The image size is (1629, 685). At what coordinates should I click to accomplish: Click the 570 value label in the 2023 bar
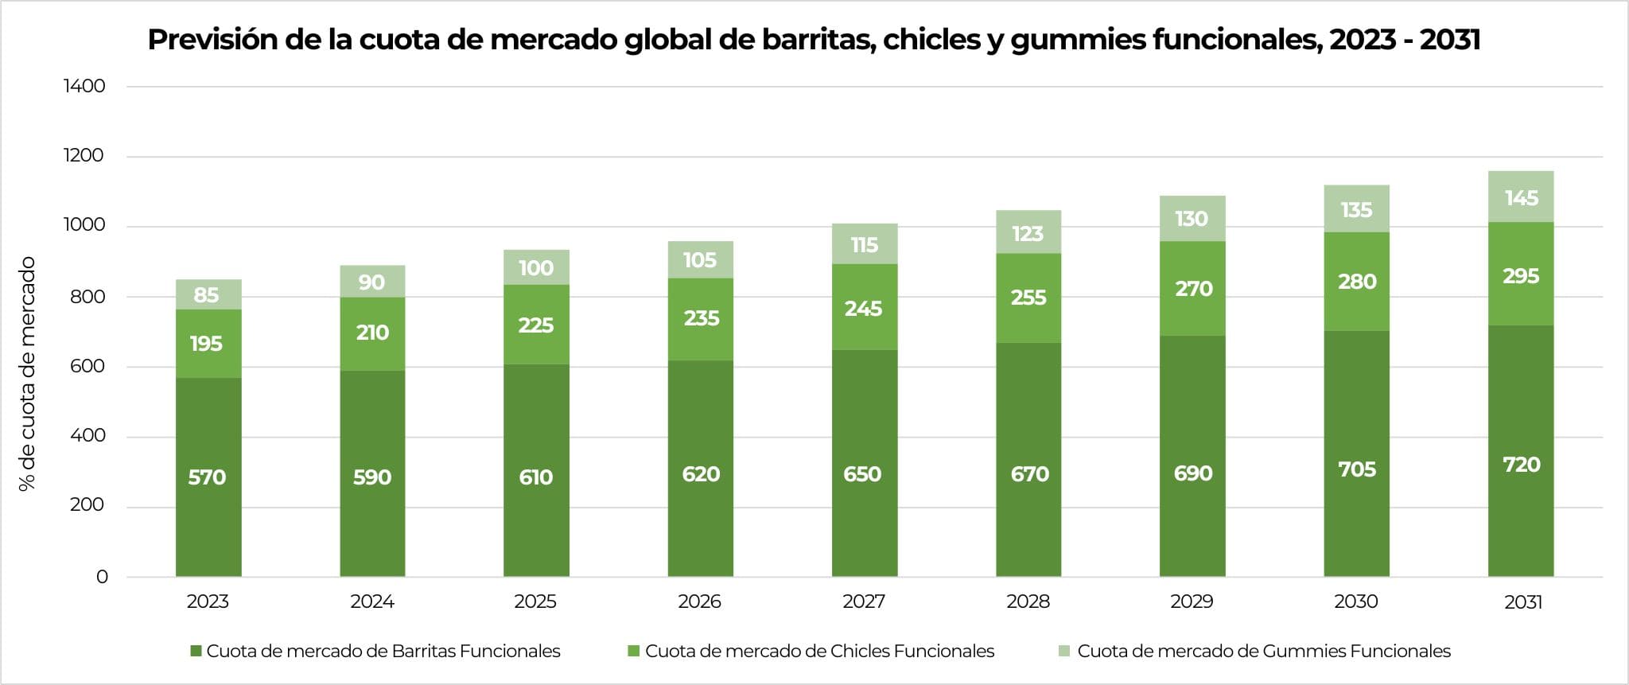coord(207,477)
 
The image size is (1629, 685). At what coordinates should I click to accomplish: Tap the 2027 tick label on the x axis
coord(864,601)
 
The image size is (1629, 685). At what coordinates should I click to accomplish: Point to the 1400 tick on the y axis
coord(84,86)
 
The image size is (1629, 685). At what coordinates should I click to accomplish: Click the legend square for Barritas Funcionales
coord(196,652)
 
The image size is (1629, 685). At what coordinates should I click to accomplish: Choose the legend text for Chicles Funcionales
coord(819,652)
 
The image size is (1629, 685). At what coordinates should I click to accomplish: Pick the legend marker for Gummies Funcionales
coord(1064,652)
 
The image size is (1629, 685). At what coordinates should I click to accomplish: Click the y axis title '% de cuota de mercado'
coord(28,374)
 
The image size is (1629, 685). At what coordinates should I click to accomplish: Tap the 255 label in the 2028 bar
coord(1028,298)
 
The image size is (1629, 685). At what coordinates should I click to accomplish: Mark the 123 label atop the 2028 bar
coord(1028,234)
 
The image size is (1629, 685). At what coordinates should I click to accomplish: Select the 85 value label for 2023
coord(206,295)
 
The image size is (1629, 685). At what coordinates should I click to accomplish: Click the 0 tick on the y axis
coord(102,577)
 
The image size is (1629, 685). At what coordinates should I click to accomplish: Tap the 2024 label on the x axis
coord(372,601)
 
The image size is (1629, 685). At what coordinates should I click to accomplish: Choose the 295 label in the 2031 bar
coord(1521,276)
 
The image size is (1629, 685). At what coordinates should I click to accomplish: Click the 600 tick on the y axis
coord(87,366)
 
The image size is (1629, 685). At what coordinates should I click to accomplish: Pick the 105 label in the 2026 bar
coord(700,260)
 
